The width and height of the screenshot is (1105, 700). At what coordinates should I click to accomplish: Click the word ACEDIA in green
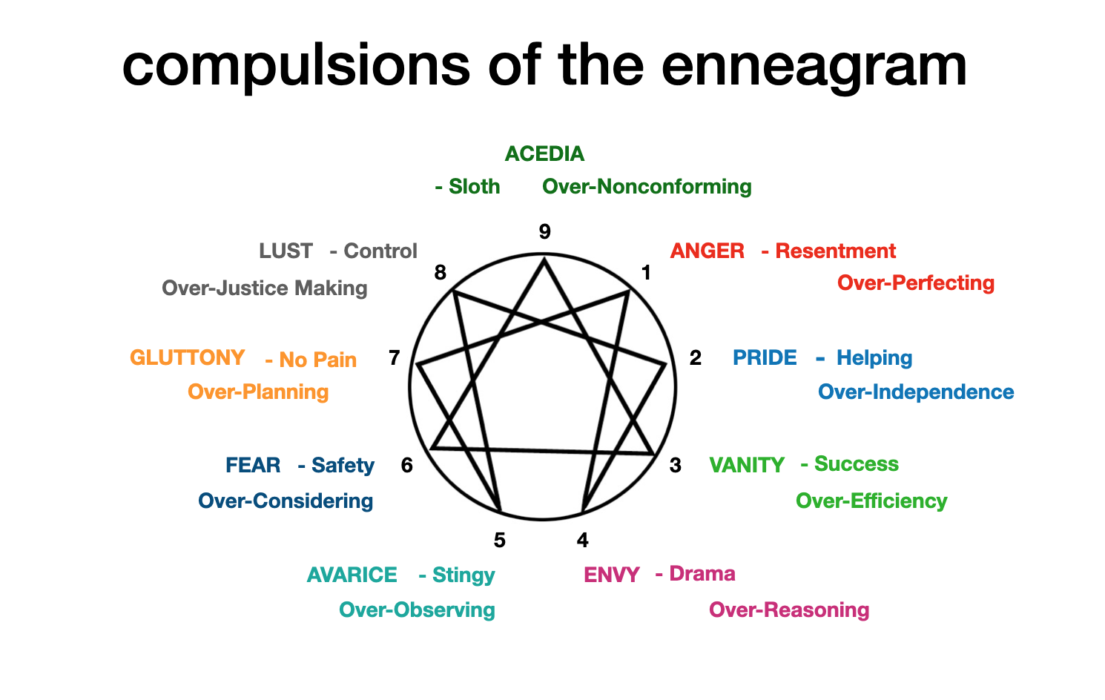pos(544,153)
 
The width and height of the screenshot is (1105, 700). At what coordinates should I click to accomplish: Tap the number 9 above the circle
pos(544,232)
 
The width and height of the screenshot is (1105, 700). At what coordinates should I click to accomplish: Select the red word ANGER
pos(707,251)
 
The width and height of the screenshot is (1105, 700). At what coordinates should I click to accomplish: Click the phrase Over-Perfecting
pos(915,283)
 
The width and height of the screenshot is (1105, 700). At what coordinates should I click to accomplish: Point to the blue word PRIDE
pos(764,357)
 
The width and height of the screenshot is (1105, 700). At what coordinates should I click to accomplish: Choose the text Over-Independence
pos(915,392)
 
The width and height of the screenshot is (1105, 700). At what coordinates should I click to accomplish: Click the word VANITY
pos(746,465)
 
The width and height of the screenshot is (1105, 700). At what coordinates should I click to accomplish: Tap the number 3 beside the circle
pos(675,465)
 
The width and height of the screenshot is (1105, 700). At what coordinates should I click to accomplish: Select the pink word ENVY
pos(611,575)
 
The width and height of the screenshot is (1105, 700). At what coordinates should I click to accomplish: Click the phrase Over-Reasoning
pos(788,610)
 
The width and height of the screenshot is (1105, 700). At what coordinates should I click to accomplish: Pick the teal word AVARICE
pos(352,575)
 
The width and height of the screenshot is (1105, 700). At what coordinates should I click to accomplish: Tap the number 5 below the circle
pos(499,541)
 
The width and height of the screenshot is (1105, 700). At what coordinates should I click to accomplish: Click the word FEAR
pos(253,465)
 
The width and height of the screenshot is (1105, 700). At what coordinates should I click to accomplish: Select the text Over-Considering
pos(286,501)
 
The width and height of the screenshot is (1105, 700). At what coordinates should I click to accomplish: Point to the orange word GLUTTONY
pos(187,357)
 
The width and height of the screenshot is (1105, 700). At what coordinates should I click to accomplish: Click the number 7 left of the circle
pos(394,358)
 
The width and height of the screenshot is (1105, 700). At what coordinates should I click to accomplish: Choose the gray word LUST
pos(286,251)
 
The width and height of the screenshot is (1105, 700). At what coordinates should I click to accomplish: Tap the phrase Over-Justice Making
pos(264,288)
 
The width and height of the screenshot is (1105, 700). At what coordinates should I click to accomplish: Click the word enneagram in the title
pos(814,65)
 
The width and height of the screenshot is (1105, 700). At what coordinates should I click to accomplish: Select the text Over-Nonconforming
pos(647,186)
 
